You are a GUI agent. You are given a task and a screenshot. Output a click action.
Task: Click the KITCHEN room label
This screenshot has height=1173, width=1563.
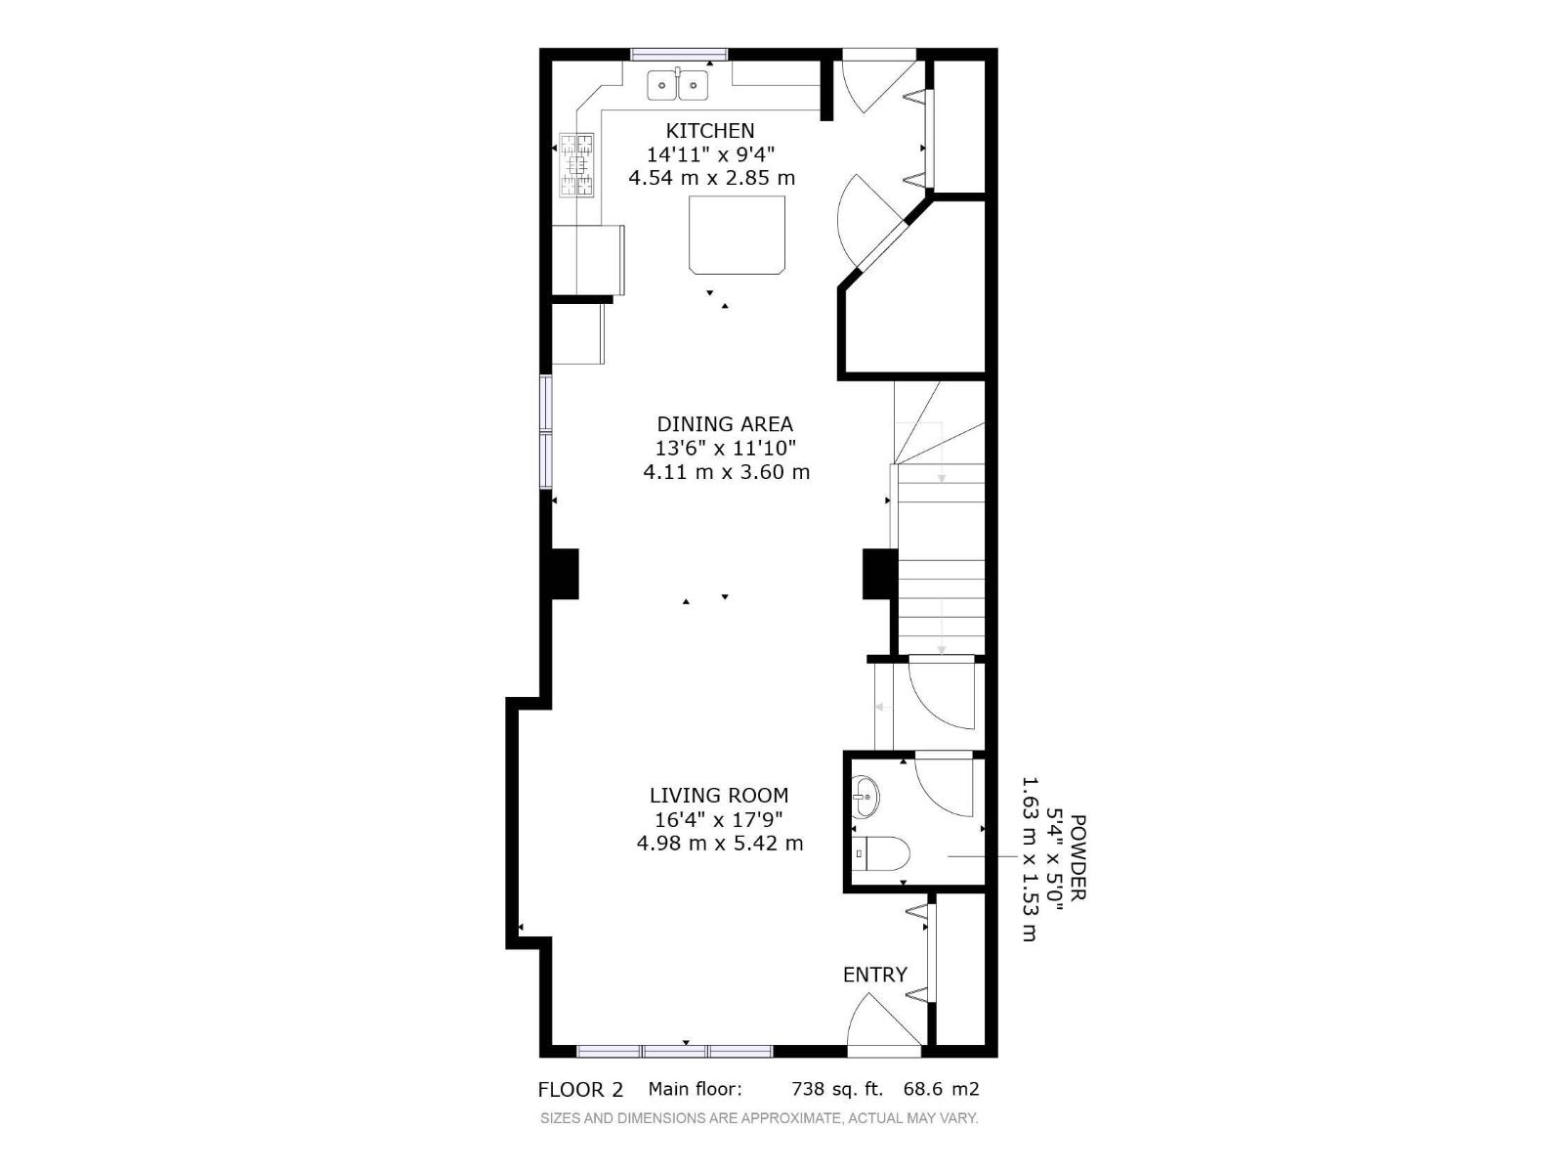[710, 130]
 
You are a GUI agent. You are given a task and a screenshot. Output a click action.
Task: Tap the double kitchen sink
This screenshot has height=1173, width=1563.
[678, 85]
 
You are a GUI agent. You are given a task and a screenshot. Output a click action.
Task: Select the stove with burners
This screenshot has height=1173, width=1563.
[577, 164]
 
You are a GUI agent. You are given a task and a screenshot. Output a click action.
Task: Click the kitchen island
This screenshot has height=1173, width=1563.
[737, 235]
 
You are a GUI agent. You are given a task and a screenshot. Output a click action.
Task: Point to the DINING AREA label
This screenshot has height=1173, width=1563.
[725, 424]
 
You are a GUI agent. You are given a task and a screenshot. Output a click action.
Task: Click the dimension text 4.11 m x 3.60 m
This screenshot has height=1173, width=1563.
[726, 472]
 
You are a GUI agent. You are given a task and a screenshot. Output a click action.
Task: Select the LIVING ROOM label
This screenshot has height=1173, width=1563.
[719, 796]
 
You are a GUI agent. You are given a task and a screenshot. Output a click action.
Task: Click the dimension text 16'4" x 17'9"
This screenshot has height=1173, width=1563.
[719, 819]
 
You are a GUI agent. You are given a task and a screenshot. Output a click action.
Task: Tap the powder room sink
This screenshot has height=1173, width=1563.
[865, 797]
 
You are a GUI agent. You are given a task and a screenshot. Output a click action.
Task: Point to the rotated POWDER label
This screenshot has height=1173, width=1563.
[1077, 857]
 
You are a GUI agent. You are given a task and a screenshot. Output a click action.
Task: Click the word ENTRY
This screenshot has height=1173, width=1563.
[875, 975]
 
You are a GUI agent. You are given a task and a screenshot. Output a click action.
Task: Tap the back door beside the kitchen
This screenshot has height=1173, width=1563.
[876, 83]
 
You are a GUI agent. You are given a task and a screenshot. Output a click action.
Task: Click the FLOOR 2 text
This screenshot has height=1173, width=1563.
[580, 1090]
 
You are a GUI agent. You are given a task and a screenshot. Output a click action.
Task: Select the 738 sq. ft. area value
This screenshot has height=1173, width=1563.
[836, 1089]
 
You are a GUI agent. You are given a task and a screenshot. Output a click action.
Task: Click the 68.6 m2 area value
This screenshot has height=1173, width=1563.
[941, 1089]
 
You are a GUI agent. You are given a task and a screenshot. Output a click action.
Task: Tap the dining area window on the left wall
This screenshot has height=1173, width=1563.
[547, 430]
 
